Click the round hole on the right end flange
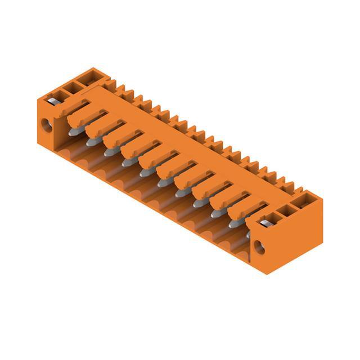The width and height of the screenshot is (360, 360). (259, 246)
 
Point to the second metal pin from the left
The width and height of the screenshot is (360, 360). (92, 143)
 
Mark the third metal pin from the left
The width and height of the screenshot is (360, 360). (109, 153)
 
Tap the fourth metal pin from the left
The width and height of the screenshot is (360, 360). (127, 163)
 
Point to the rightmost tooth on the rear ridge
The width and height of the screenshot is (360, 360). (289, 186)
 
